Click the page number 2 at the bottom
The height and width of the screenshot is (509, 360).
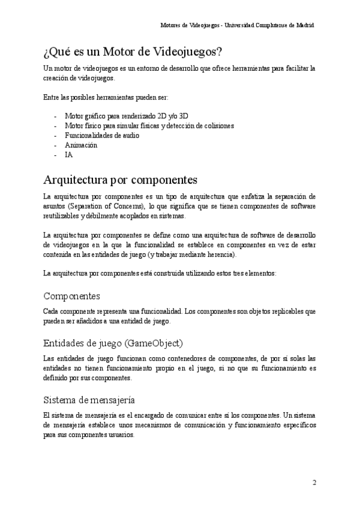pyautogui.click(x=314, y=483)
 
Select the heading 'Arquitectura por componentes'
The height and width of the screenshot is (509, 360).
pyautogui.click(x=121, y=179)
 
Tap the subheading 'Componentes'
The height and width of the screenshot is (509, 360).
pyautogui.click(x=72, y=297)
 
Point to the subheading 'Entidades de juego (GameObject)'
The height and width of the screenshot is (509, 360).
pyautogui.click(x=113, y=343)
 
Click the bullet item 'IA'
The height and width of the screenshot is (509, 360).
pyautogui.click(x=68, y=155)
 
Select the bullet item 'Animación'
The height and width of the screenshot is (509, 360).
pyautogui.click(x=81, y=145)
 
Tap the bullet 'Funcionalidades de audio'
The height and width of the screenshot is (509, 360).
pyautogui.click(x=102, y=136)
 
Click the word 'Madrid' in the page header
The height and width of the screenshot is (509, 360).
pyautogui.click(x=304, y=26)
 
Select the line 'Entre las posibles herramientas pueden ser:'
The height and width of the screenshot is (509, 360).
pyautogui.click(x=106, y=97)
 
